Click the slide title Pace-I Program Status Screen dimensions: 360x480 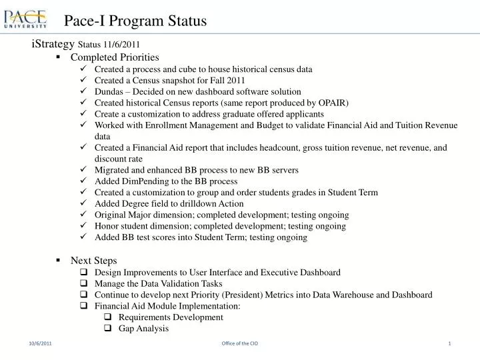click(135, 21)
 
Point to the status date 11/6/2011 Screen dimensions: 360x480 click(121, 45)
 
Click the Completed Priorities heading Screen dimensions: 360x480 click(115, 57)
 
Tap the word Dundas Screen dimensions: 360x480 click(109, 91)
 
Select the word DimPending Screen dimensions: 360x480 click(146, 181)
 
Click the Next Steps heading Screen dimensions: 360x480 click(93, 261)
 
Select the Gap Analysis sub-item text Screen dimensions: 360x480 click(143, 329)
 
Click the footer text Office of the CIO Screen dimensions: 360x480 click(239, 343)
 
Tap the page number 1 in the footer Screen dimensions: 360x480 click(450, 343)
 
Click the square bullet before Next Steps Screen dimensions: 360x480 click(59, 261)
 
